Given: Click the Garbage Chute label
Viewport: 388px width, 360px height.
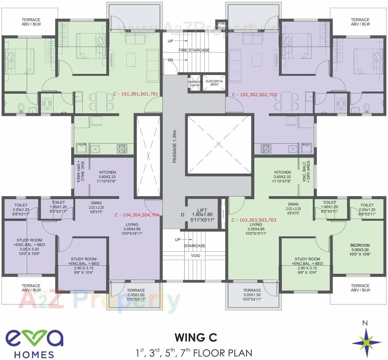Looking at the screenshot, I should (195, 84).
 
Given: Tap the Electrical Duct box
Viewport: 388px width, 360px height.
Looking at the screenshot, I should (214, 83).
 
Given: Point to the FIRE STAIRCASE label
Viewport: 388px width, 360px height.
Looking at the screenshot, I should (194, 50).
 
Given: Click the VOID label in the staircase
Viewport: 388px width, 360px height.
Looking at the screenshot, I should (195, 256).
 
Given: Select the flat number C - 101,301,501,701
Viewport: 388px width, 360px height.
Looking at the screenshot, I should (136, 94).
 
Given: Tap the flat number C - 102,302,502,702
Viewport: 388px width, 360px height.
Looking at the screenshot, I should (254, 95).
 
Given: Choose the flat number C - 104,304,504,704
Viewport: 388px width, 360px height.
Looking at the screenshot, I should (137, 215).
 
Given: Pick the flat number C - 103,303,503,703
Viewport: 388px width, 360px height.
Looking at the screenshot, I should (254, 220).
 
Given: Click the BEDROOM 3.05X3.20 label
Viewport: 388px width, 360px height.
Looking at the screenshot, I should (360, 250).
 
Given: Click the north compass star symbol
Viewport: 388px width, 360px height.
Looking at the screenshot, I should (367, 342).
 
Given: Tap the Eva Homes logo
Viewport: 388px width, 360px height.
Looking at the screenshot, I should (34, 343).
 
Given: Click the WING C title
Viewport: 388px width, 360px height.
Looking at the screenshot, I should (196, 338).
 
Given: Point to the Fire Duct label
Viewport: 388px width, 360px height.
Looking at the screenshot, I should (221, 26).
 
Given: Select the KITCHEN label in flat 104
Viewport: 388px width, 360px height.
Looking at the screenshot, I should (107, 177).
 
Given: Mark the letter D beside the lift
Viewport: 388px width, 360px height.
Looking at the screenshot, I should (183, 215).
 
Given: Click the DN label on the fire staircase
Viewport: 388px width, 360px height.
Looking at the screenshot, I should (170, 60).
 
